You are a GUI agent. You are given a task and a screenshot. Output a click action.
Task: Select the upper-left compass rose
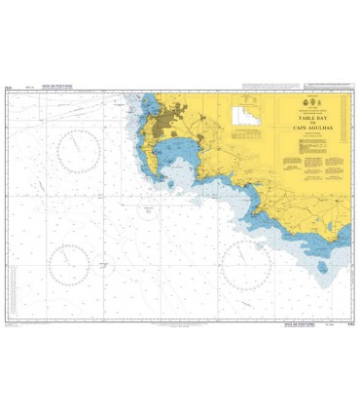[77, 151]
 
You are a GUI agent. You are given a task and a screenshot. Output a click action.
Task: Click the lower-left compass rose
[70, 262]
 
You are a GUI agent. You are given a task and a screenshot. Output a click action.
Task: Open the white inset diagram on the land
[247, 116]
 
